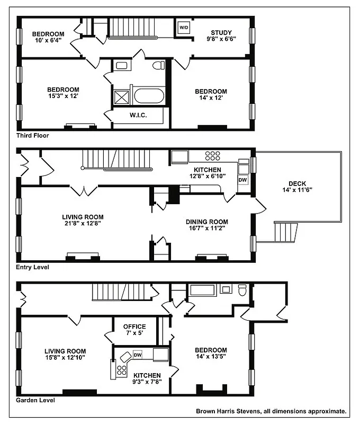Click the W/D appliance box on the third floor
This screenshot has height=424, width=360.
(x=184, y=27)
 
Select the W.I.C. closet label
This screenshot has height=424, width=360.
(x=138, y=115)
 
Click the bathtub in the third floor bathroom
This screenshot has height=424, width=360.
(x=149, y=95)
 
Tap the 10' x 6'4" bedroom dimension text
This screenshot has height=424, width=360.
(x=47, y=40)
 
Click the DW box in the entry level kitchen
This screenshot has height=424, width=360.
(x=242, y=180)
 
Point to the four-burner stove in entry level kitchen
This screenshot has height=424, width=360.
(x=212, y=156)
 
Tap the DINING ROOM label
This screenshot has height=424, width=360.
(x=206, y=222)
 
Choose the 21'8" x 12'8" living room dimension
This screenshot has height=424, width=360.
(x=82, y=224)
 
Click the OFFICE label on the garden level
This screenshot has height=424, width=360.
(x=134, y=326)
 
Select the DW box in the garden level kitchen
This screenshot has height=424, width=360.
(x=137, y=355)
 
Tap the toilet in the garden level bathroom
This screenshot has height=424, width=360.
(x=242, y=289)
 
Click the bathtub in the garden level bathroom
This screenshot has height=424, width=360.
(x=202, y=290)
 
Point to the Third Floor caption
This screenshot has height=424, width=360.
(x=32, y=136)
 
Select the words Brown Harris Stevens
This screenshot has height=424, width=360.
(x=229, y=411)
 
